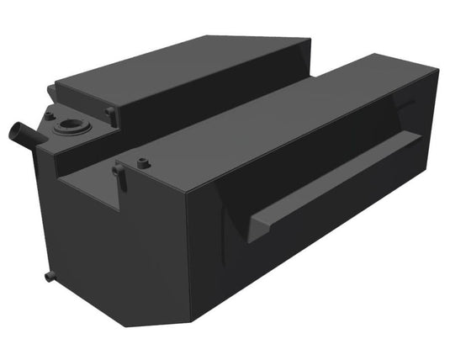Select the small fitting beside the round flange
(x=50, y=115)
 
